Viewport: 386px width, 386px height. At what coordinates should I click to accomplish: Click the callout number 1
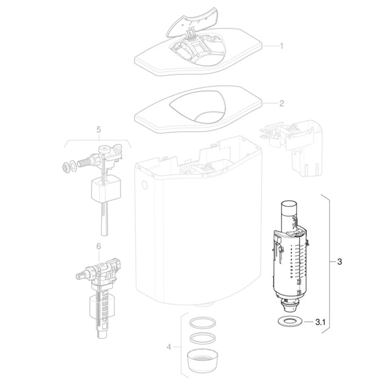281,46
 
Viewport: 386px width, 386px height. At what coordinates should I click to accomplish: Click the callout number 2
281,103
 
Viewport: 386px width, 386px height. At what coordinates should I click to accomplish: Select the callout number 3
339,262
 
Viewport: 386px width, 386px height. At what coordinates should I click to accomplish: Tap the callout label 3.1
320,322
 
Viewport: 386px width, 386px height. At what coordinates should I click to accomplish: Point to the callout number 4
169,347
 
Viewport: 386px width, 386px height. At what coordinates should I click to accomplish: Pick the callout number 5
99,130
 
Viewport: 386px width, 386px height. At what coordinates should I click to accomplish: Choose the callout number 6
99,246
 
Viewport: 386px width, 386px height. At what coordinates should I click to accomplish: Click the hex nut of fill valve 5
64,167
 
